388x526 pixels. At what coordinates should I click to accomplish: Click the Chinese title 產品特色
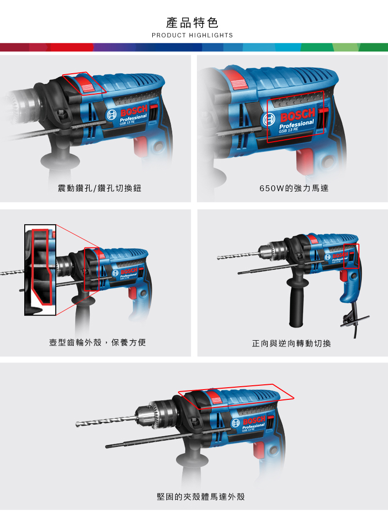(192, 23)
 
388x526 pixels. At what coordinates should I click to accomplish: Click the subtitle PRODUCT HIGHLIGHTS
(192, 35)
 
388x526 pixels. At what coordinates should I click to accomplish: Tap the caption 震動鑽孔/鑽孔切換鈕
(99, 188)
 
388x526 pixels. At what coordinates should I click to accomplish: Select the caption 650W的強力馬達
(294, 188)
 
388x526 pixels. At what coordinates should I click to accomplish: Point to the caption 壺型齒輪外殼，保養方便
(97, 343)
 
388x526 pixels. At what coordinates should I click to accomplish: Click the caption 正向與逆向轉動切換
(291, 343)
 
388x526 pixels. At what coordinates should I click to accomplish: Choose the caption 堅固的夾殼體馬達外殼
(200, 496)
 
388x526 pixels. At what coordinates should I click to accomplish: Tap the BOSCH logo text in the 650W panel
(298, 115)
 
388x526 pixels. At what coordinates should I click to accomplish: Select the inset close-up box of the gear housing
(40, 270)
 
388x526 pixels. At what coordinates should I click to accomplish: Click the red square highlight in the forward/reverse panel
(352, 256)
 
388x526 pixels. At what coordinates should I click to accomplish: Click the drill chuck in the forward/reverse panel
(272, 250)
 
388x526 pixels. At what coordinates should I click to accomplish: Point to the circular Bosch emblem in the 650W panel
(269, 120)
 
